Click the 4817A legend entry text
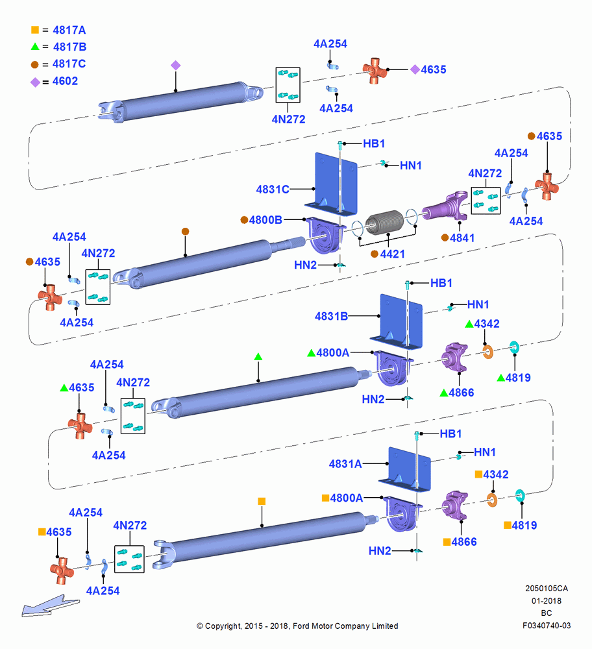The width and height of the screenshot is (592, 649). (69, 31)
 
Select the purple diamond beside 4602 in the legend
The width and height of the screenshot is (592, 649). (35, 82)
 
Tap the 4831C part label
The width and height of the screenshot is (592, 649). (273, 190)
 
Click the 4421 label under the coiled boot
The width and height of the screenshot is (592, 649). (393, 254)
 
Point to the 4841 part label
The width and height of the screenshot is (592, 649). (462, 238)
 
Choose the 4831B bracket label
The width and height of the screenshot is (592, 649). (331, 317)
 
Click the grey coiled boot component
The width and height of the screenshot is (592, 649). (385, 222)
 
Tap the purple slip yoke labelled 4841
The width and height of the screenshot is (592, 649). (445, 206)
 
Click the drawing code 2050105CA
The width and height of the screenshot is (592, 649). (547, 588)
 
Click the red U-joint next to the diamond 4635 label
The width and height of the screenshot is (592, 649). (375, 71)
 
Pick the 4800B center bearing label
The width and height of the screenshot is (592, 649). (265, 220)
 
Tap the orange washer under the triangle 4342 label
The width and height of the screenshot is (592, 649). (488, 352)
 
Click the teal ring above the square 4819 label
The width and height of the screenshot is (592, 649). (520, 496)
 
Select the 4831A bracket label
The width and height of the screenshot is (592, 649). (345, 464)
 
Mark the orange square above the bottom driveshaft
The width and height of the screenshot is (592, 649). (262, 501)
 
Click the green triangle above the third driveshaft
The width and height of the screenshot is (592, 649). (258, 356)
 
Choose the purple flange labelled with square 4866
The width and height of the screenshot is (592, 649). (455, 506)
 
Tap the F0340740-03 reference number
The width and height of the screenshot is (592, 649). (547, 626)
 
